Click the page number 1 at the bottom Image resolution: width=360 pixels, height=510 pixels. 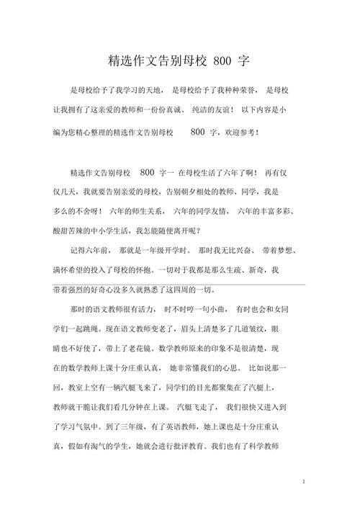[x=305, y=480]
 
